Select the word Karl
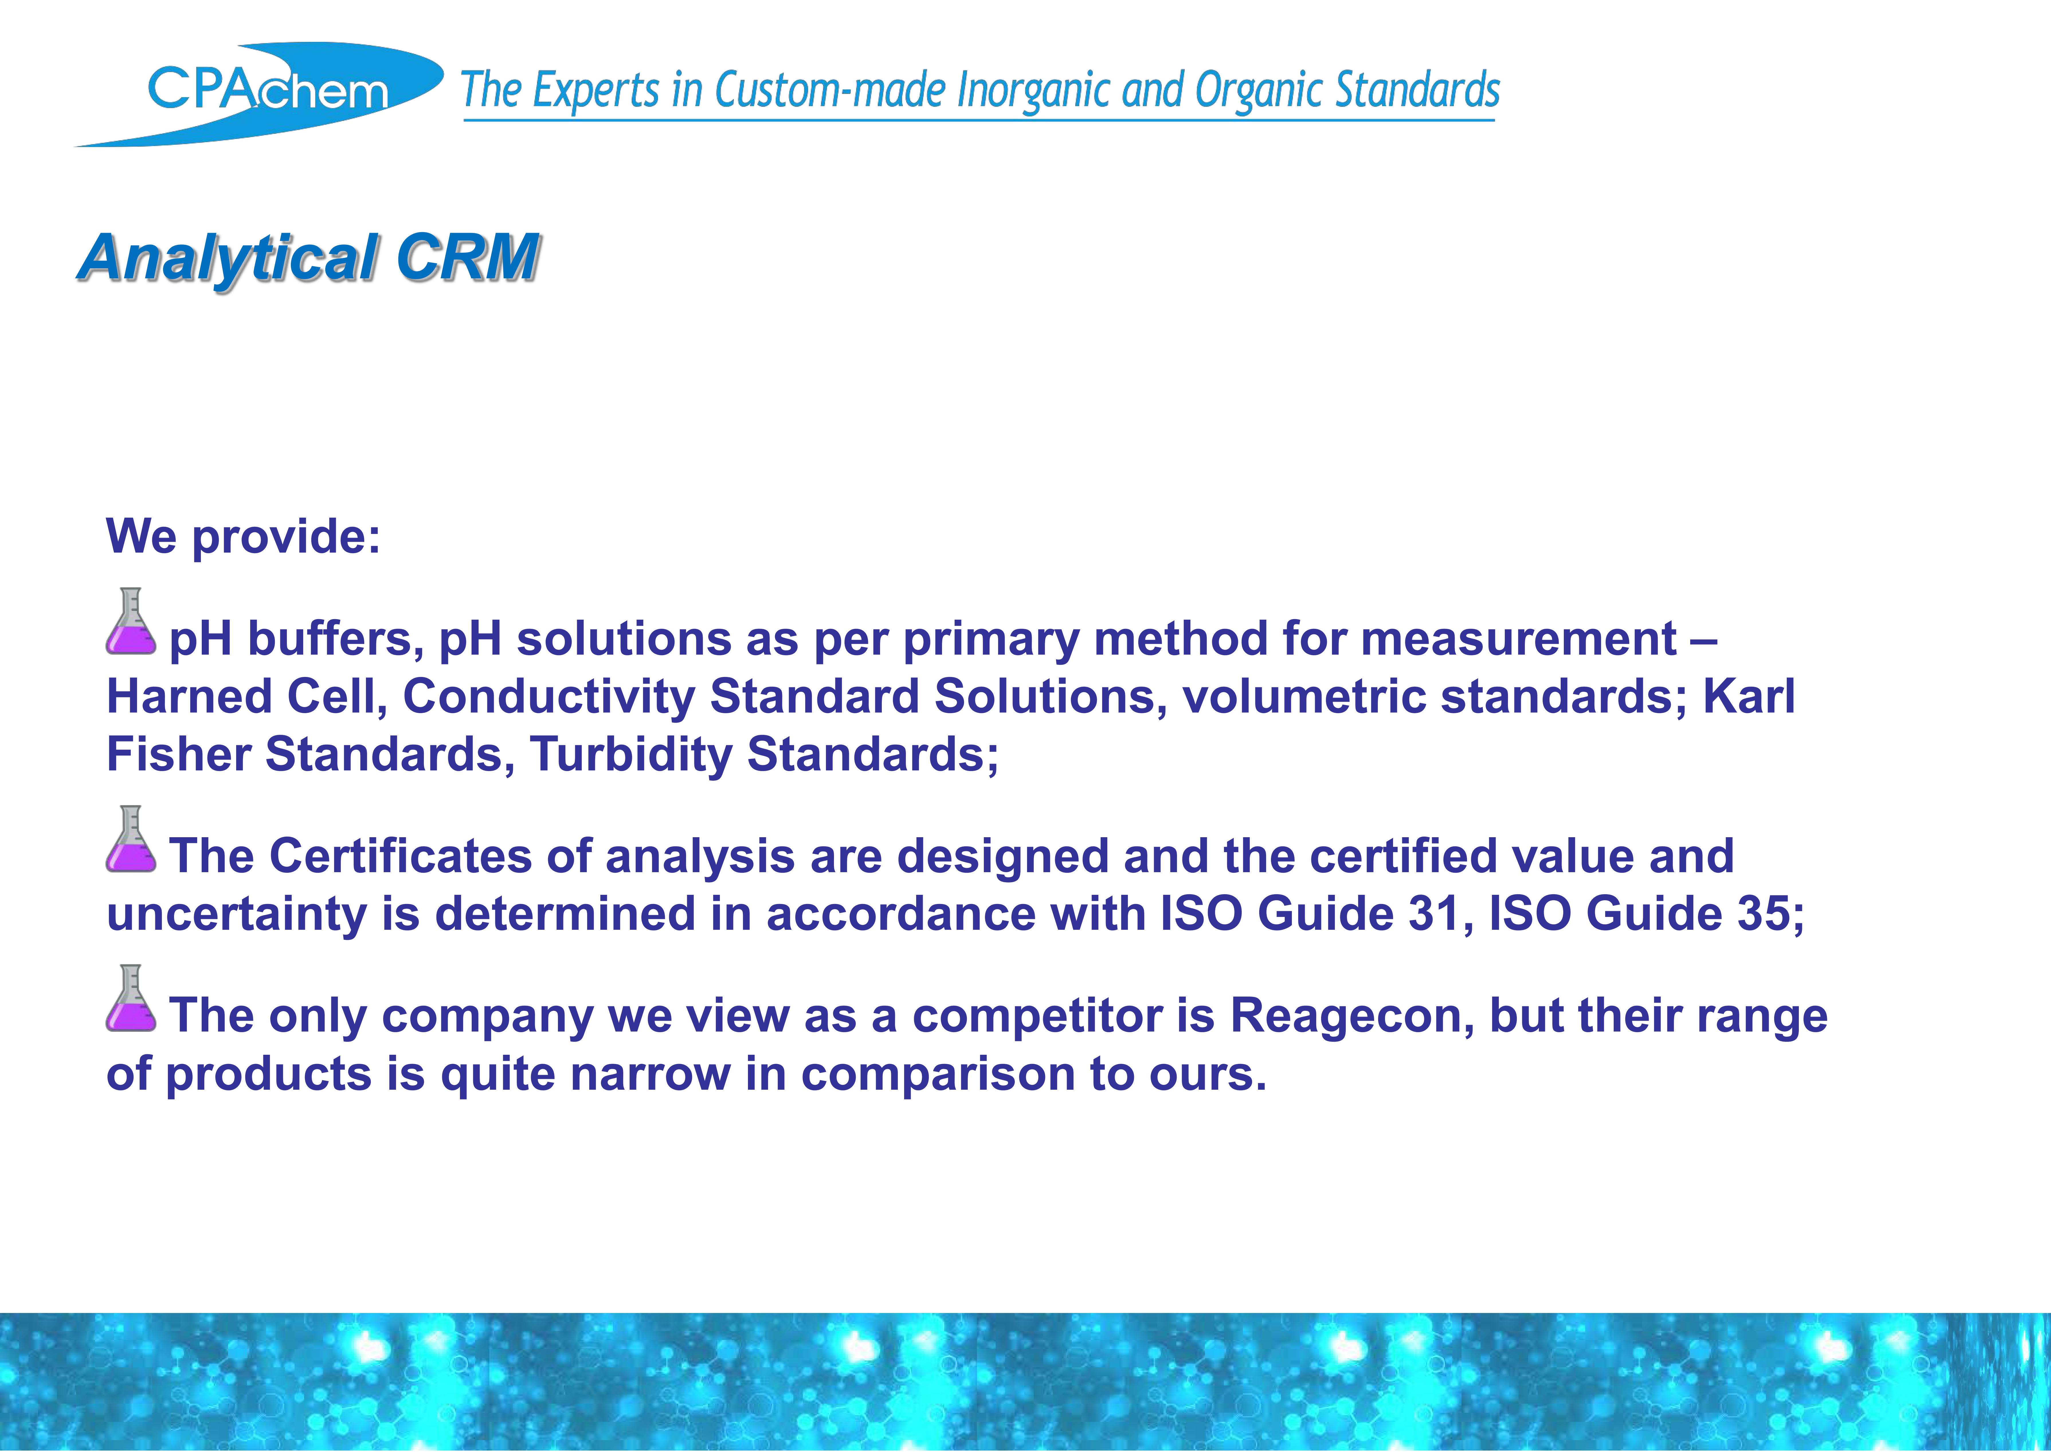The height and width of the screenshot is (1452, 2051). [x=1749, y=696]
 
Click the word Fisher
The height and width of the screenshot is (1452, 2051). [x=179, y=755]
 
